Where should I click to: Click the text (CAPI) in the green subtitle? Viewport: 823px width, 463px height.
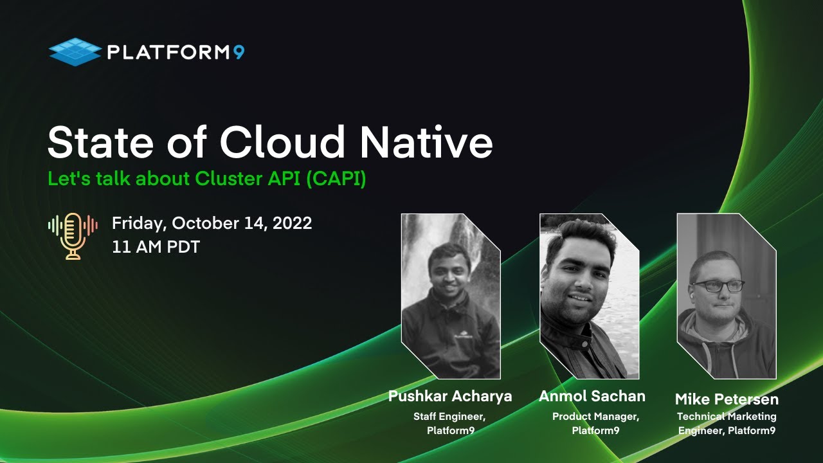pyautogui.click(x=336, y=179)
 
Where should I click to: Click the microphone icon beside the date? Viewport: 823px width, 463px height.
pyautogui.click(x=73, y=236)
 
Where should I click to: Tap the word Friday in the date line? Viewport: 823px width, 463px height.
pyautogui.click(x=137, y=223)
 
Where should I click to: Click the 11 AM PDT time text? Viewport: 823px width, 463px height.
pyautogui.click(x=156, y=247)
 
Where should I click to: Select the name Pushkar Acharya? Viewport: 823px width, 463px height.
pyautogui.click(x=450, y=396)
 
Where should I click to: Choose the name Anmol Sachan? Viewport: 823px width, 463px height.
pyautogui.click(x=592, y=396)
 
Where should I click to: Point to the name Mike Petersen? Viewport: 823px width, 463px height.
pyautogui.click(x=727, y=399)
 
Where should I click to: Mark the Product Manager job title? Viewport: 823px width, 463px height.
pyautogui.click(x=595, y=417)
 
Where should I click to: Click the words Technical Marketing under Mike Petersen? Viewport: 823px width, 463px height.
pyautogui.click(x=727, y=417)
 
